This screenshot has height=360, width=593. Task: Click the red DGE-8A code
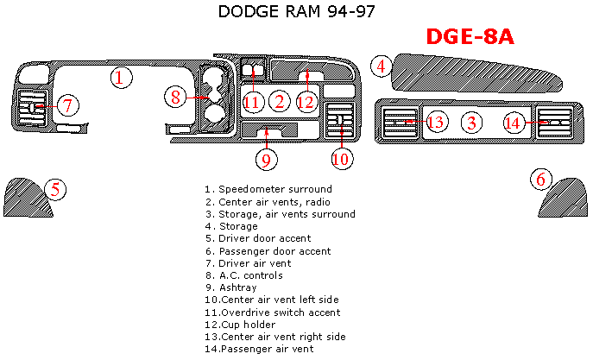tap(470, 37)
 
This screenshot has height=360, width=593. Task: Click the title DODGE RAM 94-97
tap(296, 12)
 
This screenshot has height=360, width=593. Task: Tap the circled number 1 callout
tap(122, 78)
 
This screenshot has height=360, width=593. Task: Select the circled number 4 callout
tap(382, 66)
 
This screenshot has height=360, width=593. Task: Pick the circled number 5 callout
tap(54, 189)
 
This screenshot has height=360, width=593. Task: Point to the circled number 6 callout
tap(541, 180)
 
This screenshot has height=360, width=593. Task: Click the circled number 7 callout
tap(68, 105)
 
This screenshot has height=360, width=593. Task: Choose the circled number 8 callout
tap(176, 97)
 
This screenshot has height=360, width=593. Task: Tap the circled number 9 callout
tap(267, 159)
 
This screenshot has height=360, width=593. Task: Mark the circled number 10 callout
tap(342, 158)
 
